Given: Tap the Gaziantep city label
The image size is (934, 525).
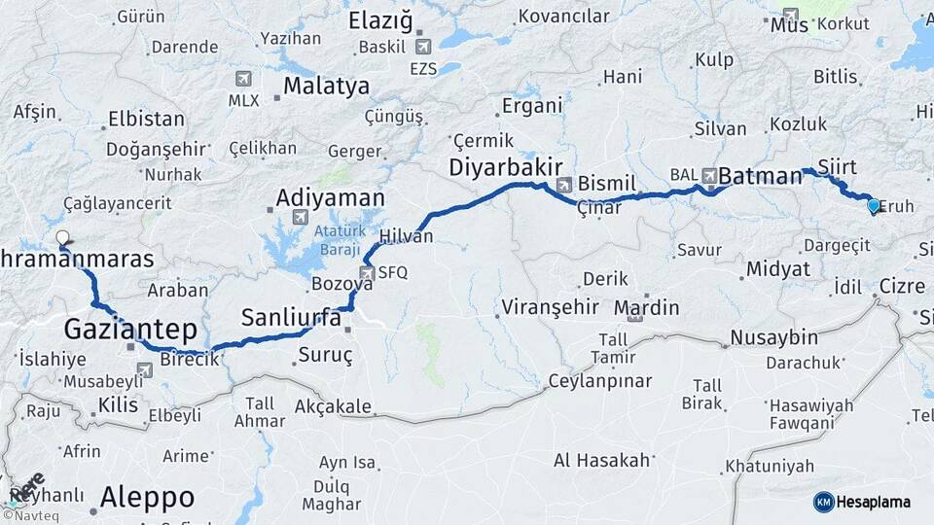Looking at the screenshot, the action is point(130,329).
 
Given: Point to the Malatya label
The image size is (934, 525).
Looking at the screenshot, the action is point(326,86).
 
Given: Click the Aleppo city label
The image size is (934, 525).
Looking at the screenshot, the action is point(147,498).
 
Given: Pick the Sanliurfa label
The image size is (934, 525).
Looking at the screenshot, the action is point(291,318).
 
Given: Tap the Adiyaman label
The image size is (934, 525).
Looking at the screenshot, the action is point(331,197).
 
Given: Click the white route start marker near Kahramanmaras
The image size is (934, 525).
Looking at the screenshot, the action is point(63,237).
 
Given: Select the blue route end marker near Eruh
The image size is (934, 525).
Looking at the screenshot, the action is point(873,205).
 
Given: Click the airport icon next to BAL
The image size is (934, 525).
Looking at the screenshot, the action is point(709,176).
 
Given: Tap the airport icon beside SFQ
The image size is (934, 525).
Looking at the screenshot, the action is point(367,273).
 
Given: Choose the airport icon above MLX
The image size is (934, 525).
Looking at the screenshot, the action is point(242,80).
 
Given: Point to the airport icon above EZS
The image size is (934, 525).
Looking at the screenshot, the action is point(422,47).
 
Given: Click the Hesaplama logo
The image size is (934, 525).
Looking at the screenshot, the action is point(862,502).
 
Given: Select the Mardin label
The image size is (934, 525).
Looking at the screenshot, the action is point(647,308).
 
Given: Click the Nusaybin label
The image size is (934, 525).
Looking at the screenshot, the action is point(773,337).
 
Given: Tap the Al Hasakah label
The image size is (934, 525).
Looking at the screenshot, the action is point(601,460).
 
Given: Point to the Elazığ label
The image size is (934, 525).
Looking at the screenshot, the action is point(380,20).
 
